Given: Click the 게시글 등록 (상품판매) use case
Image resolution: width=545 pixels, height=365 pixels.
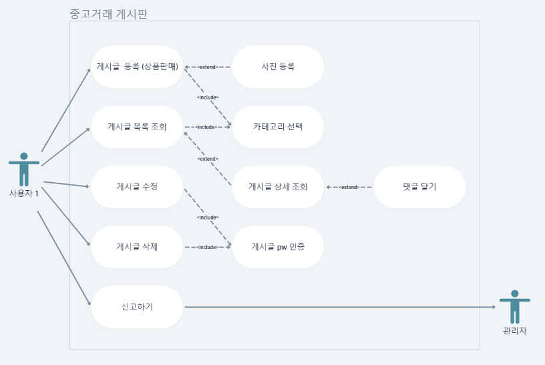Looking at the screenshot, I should pos(137,67).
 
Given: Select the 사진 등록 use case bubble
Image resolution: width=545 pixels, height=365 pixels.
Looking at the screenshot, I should pos(278,67).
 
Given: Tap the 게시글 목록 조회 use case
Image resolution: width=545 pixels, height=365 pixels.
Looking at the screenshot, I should pos(137,127).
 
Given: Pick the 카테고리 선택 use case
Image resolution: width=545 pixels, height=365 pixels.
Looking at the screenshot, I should pos(278,127).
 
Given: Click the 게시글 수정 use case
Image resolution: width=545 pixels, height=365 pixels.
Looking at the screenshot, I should pos(137,187).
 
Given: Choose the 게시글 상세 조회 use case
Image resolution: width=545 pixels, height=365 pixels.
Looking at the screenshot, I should pos(278,187).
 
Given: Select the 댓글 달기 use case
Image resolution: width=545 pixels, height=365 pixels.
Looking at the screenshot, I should pos(419,187).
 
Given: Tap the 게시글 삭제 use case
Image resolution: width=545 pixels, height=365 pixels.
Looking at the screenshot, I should pos(137,247).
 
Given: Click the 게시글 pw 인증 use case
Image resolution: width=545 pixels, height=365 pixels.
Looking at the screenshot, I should pos(278,247).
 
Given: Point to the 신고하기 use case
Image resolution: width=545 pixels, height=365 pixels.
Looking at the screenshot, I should pos(137,307).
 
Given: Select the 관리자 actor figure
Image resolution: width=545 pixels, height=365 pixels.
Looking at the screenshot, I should pos(514,306).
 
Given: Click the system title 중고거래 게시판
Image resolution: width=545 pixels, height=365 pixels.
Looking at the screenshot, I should pos(108,14).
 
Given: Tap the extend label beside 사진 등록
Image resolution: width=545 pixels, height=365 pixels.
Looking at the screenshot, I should pos(207,67).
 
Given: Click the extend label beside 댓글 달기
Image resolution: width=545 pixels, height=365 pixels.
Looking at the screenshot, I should pos(349,188).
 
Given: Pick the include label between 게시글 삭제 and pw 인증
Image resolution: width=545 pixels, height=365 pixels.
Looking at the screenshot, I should pos(207,248).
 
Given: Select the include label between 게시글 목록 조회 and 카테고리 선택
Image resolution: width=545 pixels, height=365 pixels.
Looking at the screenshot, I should pos(207,127).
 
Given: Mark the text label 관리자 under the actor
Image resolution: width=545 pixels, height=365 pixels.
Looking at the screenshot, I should pos(514,330).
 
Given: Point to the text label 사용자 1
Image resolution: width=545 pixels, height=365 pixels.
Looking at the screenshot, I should pos(24,194).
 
